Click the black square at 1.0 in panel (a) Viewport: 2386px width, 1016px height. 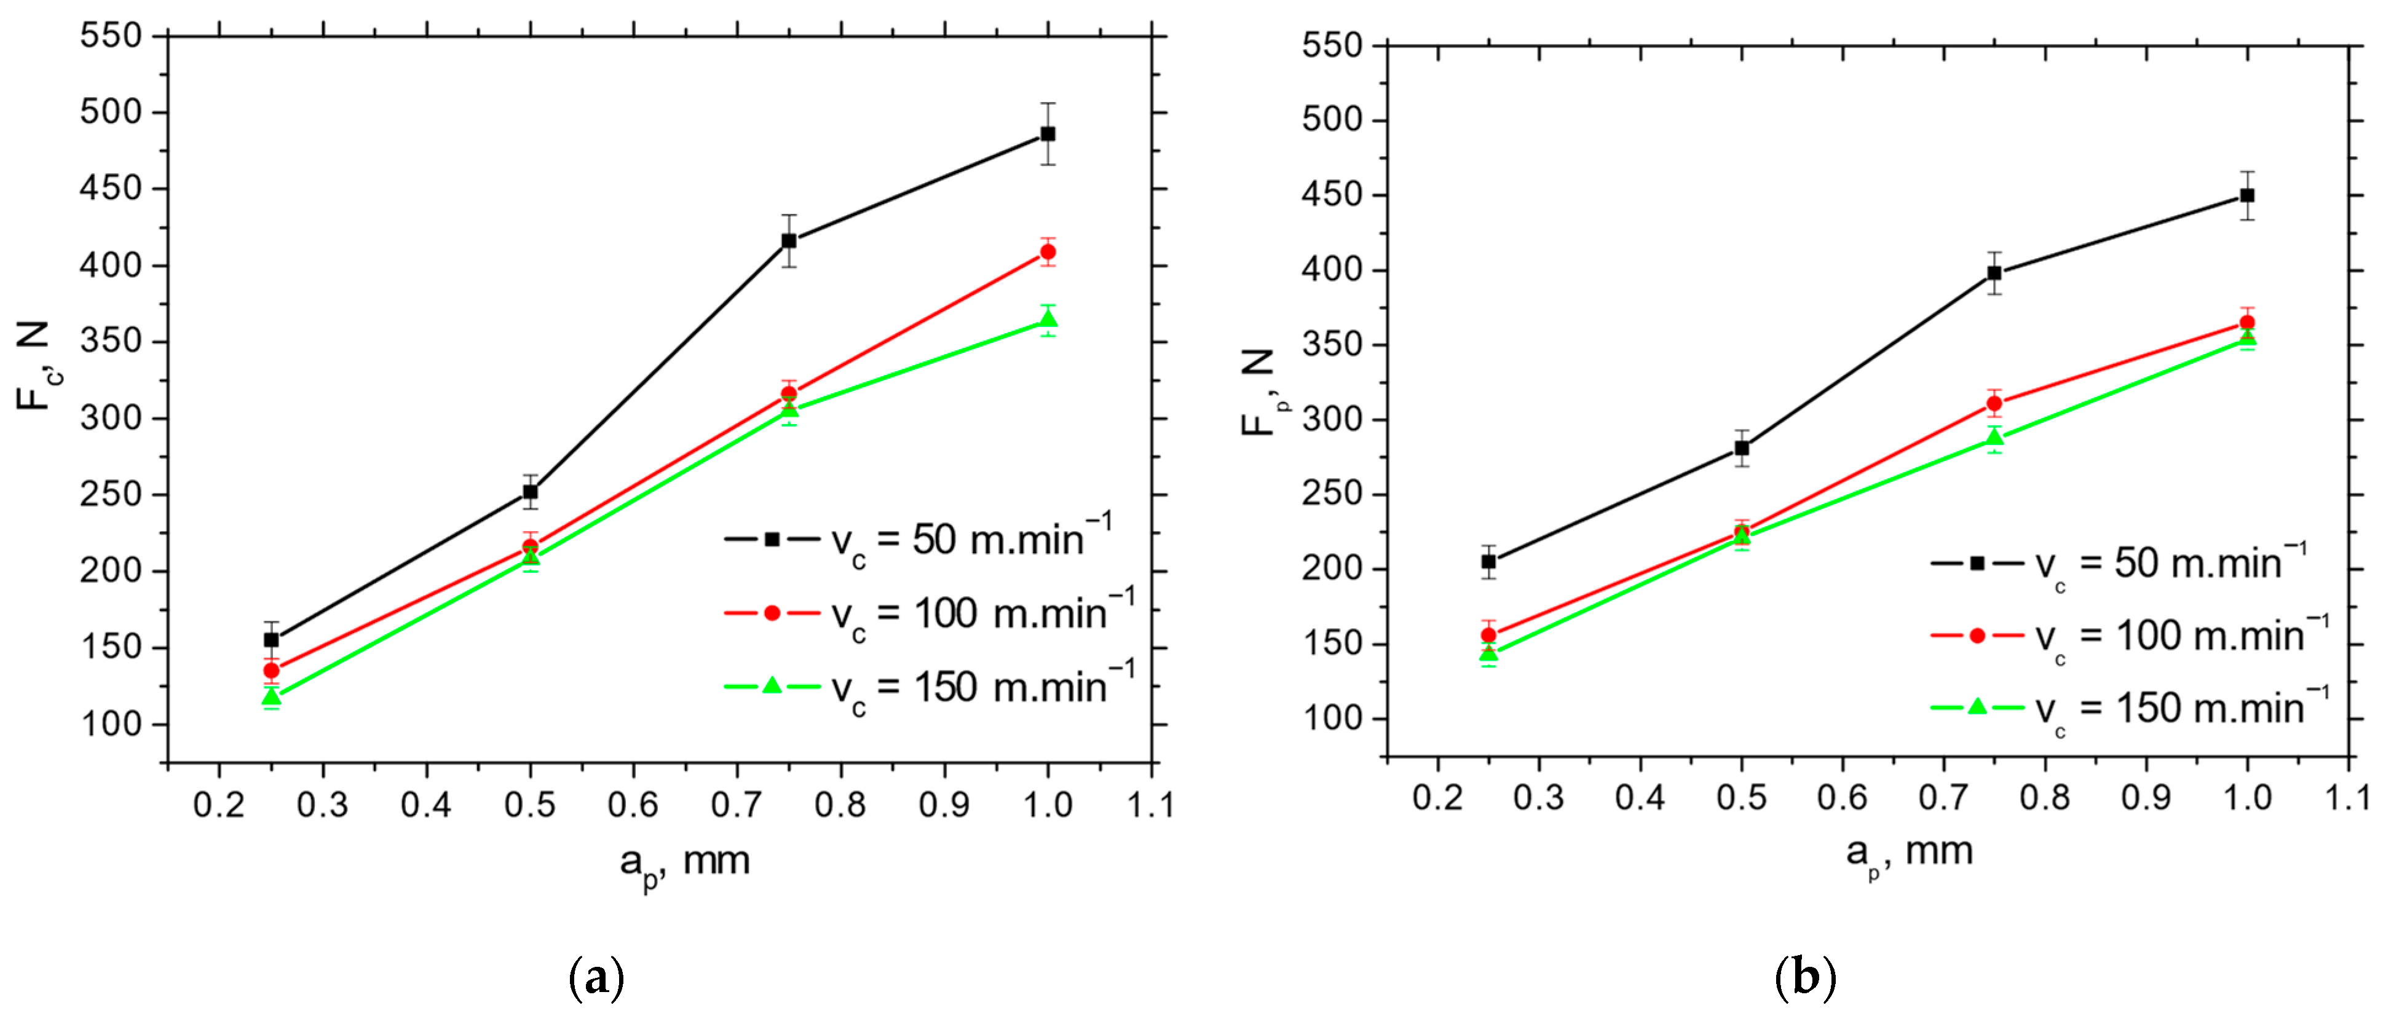(1048, 133)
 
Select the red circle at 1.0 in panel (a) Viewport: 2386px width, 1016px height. (1048, 252)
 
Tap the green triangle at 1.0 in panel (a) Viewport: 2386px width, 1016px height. (1048, 320)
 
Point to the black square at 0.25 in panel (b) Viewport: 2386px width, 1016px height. (1488, 561)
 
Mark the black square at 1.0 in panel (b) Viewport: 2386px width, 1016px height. (2247, 195)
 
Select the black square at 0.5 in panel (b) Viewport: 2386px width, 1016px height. (1741, 448)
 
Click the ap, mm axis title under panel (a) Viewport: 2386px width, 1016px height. (684, 863)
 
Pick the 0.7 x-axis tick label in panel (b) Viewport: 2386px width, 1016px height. (1943, 797)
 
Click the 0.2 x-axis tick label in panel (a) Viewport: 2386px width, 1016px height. (219, 805)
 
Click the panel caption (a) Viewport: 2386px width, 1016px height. (596, 978)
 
